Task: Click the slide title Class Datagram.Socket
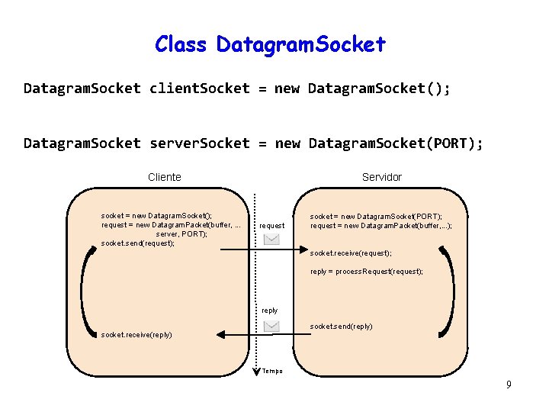[270, 44]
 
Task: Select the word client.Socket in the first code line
[199, 89]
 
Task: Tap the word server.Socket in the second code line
[200, 143]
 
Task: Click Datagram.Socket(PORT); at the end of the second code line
[396, 143]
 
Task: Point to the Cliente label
[165, 177]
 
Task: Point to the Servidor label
[381, 177]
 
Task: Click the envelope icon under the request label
[271, 239]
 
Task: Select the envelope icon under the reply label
[271, 326]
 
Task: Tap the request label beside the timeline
[272, 226]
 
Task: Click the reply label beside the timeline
[270, 311]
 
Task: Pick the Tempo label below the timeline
[272, 372]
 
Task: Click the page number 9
[509, 385]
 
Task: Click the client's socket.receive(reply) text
[136, 335]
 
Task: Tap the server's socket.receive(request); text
[351, 253]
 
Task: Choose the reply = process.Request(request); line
[366, 272]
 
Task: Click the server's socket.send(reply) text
[341, 327]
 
